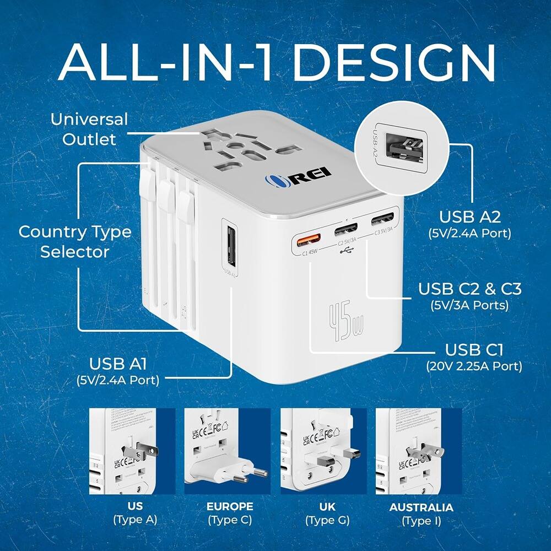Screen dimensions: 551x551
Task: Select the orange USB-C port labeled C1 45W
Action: click(x=309, y=240)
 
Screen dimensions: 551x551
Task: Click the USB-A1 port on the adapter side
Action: click(x=230, y=242)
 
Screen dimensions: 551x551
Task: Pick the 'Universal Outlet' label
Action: click(x=89, y=129)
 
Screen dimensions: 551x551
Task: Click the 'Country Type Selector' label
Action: click(x=75, y=242)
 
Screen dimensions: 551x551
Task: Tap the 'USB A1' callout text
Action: click(x=122, y=364)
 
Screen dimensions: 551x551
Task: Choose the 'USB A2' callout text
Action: click(x=469, y=217)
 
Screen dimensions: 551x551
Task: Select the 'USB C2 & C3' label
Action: click(x=469, y=289)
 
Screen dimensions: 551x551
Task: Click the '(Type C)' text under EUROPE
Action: click(x=230, y=520)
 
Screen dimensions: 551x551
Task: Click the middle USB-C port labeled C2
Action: click(x=345, y=229)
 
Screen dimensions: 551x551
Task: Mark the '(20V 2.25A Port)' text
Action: click(x=474, y=365)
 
